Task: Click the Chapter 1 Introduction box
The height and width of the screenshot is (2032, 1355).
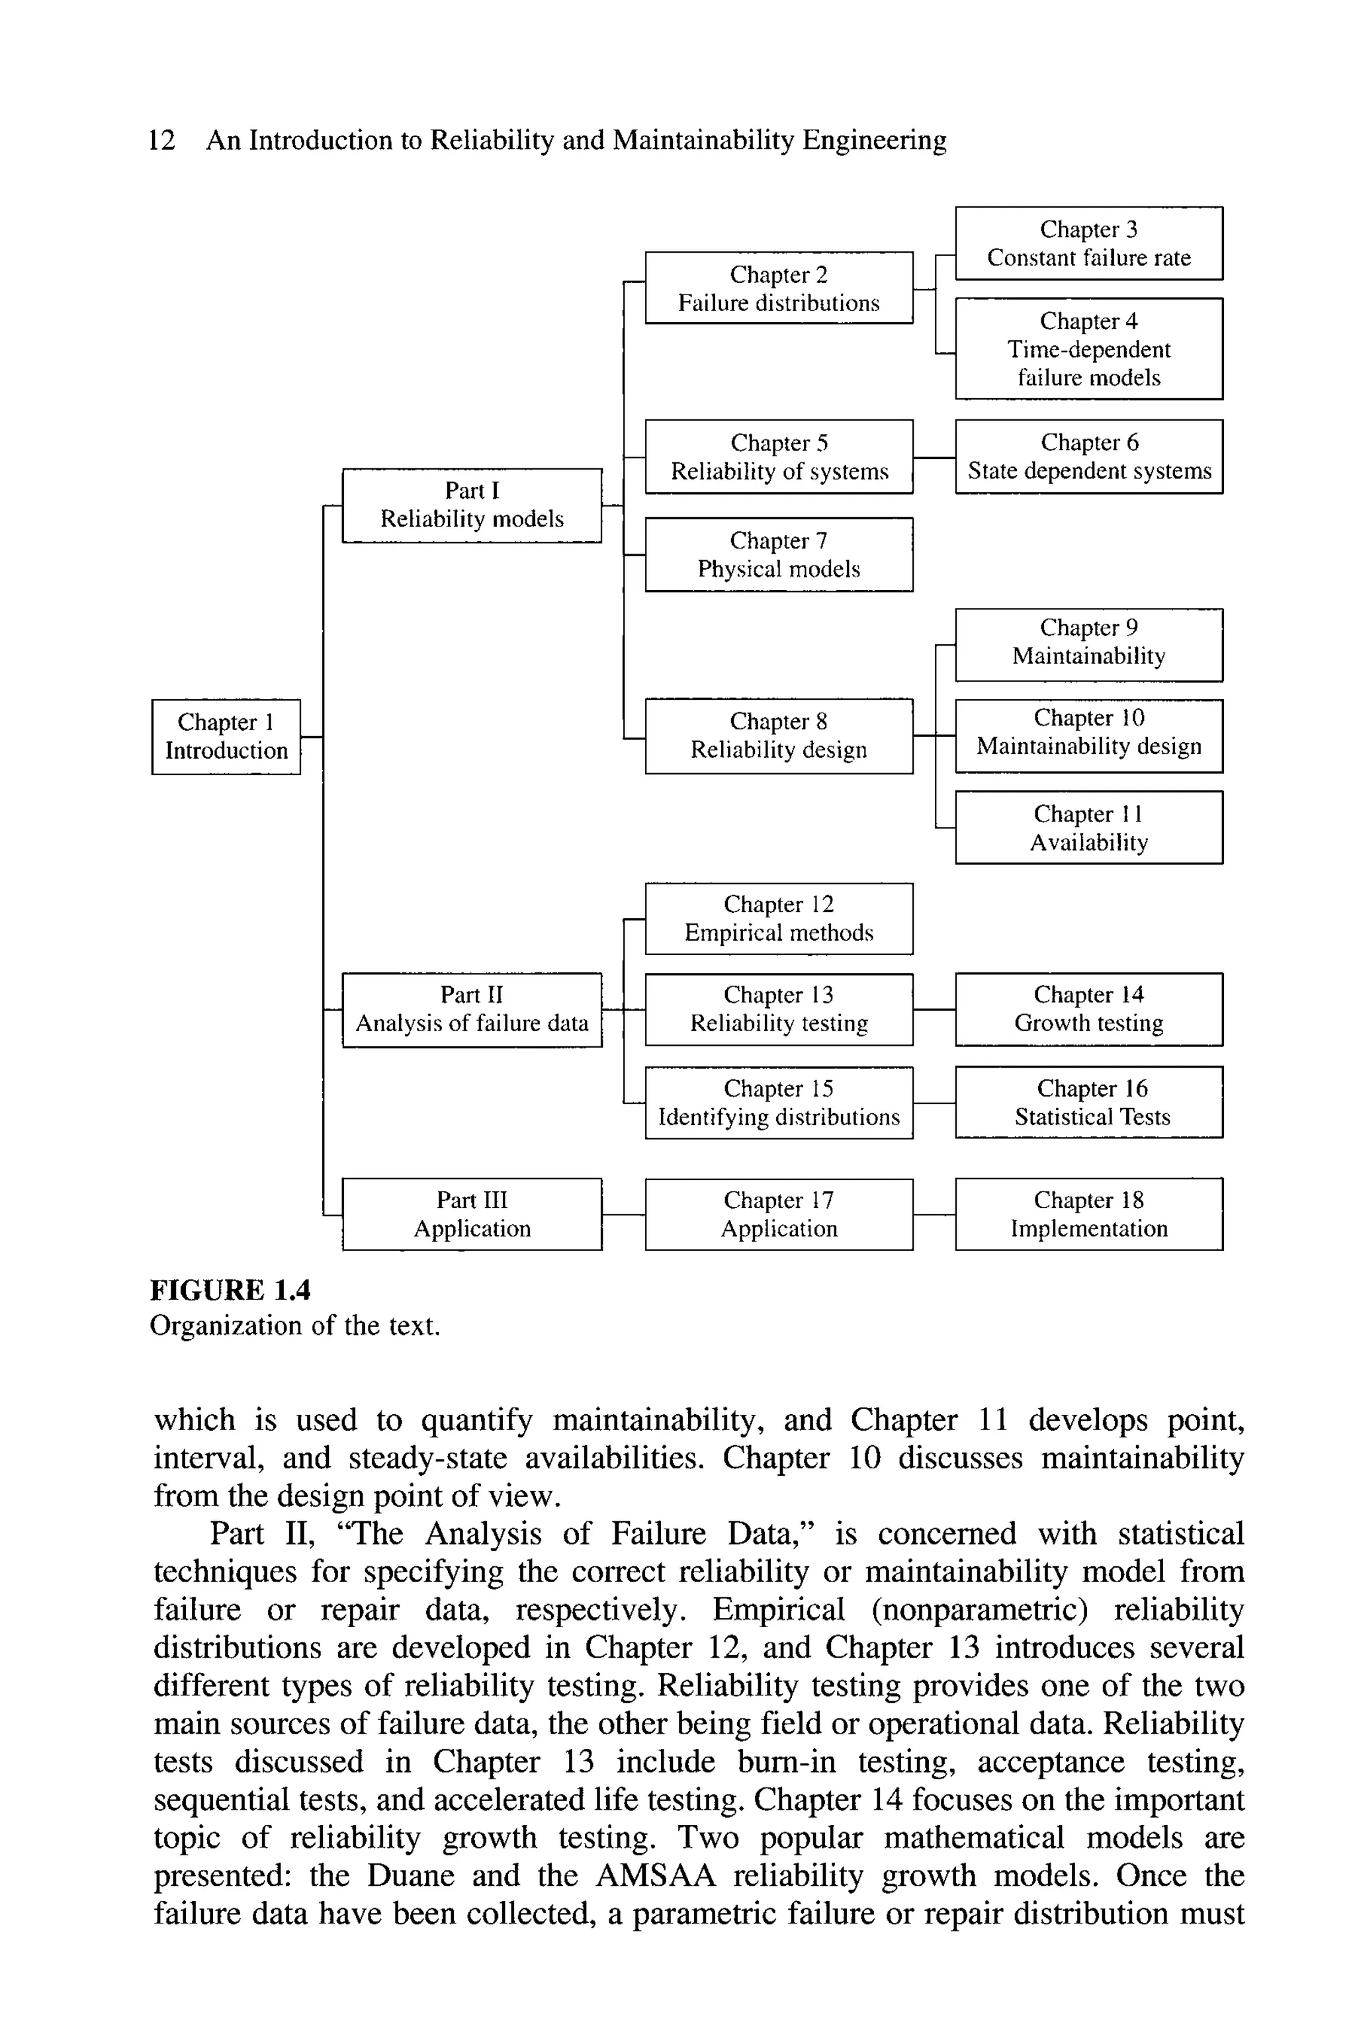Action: point(226,736)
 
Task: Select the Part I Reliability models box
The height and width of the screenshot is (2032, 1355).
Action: point(472,505)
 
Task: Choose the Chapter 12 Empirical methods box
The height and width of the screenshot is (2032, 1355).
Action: point(779,917)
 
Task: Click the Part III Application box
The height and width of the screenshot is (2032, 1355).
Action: point(472,1213)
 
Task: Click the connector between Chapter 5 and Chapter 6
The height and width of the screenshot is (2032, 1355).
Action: point(934,457)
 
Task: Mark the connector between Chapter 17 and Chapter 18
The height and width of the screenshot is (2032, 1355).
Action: point(934,1214)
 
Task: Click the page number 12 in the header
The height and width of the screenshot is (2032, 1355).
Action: point(161,140)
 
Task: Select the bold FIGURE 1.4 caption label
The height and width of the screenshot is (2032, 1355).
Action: point(230,1290)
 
